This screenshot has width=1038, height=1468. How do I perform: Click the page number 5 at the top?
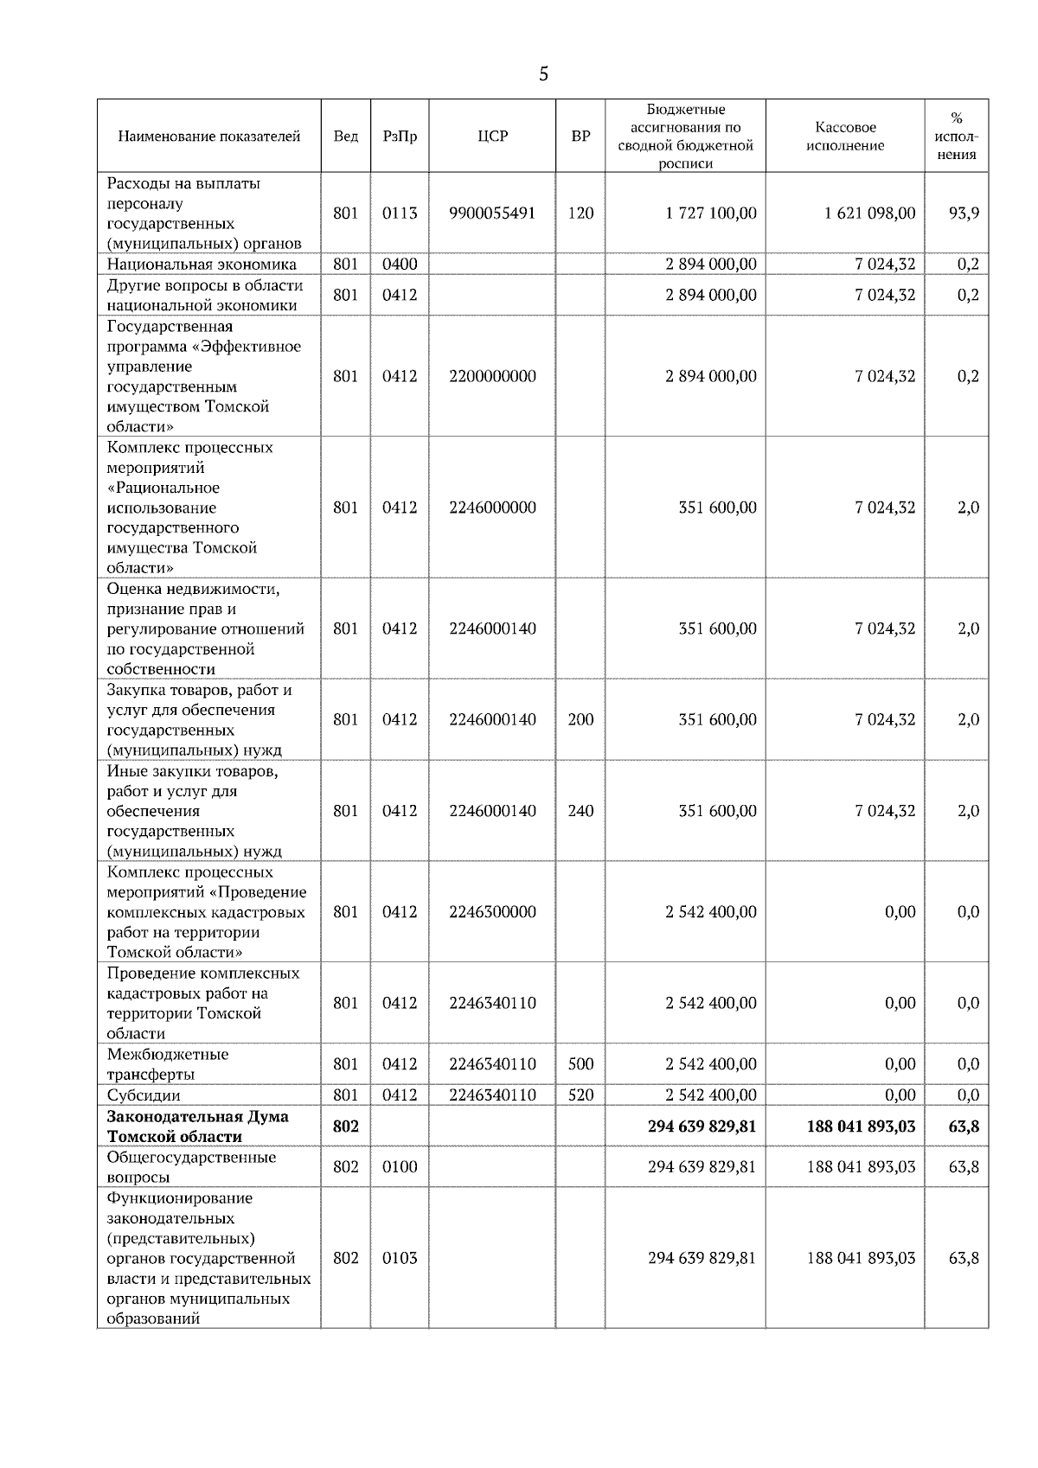click(x=543, y=75)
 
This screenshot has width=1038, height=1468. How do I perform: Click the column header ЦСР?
click(x=492, y=137)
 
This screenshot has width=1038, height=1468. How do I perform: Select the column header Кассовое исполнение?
click(x=845, y=137)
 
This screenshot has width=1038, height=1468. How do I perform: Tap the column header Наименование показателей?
click(x=208, y=137)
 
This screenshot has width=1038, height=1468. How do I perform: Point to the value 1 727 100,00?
click(x=711, y=214)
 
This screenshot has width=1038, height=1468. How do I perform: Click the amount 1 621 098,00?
click(x=870, y=214)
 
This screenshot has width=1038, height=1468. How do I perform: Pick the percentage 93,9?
click(x=964, y=214)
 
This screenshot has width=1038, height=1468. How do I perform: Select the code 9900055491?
click(x=492, y=214)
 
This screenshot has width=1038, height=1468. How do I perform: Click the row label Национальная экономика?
click(x=202, y=265)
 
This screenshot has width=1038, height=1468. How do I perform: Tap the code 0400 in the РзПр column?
click(x=400, y=265)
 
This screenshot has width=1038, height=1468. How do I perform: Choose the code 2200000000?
click(x=492, y=376)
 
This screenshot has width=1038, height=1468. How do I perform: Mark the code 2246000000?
click(x=492, y=507)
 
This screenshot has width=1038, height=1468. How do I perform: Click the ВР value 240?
click(x=580, y=811)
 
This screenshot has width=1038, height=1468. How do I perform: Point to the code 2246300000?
click(x=492, y=912)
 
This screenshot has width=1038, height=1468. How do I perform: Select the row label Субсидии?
click(x=144, y=1095)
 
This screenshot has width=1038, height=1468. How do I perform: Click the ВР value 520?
click(x=580, y=1095)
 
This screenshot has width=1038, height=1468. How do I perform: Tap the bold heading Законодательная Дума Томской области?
click(x=197, y=1127)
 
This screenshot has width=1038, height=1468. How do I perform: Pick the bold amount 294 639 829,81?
click(x=702, y=1127)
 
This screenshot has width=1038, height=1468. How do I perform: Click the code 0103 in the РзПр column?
click(x=400, y=1258)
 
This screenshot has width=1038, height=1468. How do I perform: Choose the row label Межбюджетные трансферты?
click(x=168, y=1064)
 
